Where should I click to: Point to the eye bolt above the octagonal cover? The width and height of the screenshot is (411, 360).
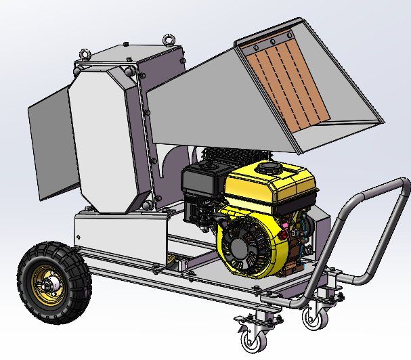tap(84, 53)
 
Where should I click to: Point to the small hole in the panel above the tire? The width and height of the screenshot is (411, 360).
tap(79, 236)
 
